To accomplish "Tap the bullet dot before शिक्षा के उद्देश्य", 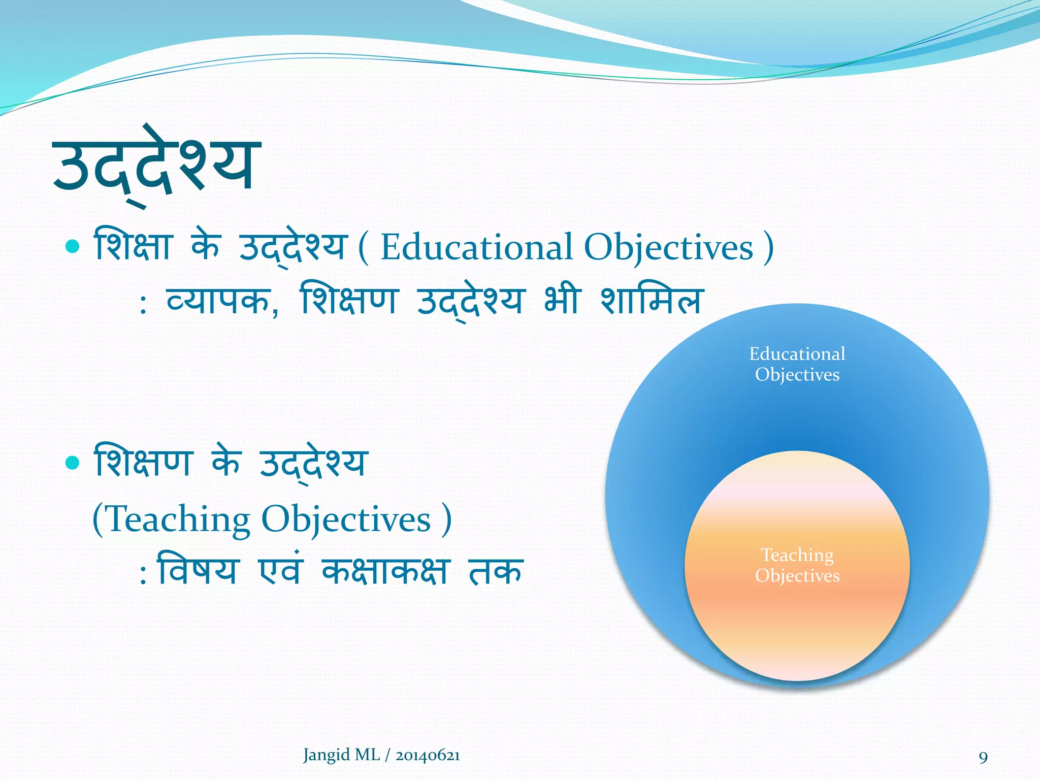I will click(73, 247).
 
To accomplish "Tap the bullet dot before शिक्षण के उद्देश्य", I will click(73, 463).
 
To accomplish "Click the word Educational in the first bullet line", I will click(476, 248).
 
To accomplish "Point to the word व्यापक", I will click(218, 301).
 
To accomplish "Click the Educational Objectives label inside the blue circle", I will click(797, 364).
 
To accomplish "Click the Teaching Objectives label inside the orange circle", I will click(797, 565).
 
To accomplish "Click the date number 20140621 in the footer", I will click(428, 756).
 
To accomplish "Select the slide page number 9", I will click(983, 758).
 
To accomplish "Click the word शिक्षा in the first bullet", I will click(133, 247).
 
